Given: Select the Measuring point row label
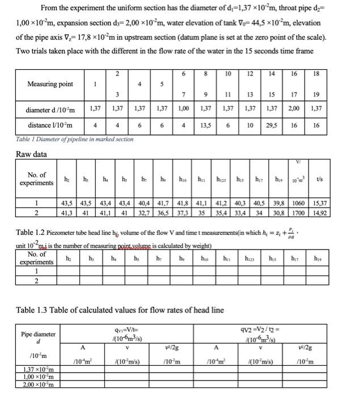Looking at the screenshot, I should click(x=50, y=84).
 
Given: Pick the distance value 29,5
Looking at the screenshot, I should click(x=272, y=125).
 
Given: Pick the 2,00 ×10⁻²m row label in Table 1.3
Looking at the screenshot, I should click(x=35, y=386).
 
